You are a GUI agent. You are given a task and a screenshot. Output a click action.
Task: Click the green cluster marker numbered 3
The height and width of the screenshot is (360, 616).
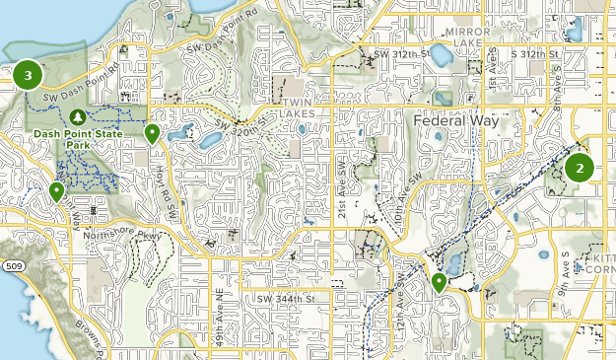point(29,74)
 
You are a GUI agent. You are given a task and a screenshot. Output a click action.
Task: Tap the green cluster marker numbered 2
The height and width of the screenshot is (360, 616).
point(580,168)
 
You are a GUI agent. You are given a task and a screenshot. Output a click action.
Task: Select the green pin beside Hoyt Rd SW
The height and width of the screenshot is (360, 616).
point(152,134)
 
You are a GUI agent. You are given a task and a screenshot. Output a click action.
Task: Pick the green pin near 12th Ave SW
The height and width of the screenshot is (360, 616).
point(439,284)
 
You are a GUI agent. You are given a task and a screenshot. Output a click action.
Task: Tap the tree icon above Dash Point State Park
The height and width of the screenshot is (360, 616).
point(70,116)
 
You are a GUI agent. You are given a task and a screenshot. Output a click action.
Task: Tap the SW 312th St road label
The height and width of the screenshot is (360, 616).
point(402,53)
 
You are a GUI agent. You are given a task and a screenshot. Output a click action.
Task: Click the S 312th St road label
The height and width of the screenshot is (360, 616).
point(533,53)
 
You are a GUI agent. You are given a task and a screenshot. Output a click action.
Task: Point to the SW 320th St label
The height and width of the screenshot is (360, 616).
point(240,124)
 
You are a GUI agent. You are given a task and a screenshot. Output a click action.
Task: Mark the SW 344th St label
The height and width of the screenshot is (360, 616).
point(284,297)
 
